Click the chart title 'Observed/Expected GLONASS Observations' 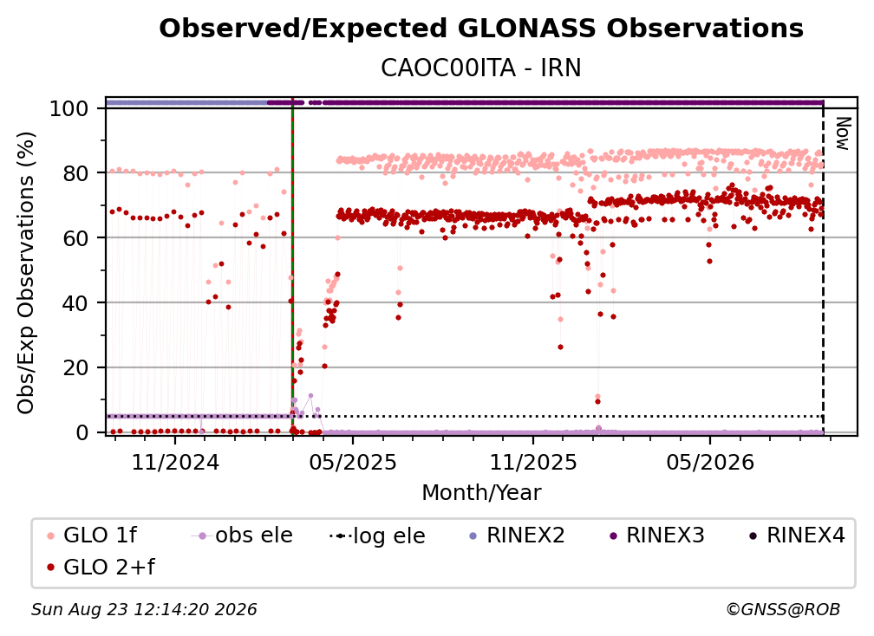481,29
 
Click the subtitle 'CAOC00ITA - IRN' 481,68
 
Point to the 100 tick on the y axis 69,108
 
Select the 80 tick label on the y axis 75,173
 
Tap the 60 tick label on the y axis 75,238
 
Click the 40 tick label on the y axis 75,303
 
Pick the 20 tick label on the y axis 75,368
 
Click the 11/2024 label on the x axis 175,462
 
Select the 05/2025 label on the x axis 352,462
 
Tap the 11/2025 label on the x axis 533,462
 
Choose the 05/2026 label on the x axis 710,462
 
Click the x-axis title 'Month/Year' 481,493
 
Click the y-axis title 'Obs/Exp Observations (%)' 26,272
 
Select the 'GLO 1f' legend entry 92,535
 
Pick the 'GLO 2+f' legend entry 101,567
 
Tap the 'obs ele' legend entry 242,535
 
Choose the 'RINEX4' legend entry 797,535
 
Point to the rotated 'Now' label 842,133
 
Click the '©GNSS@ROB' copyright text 783,609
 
